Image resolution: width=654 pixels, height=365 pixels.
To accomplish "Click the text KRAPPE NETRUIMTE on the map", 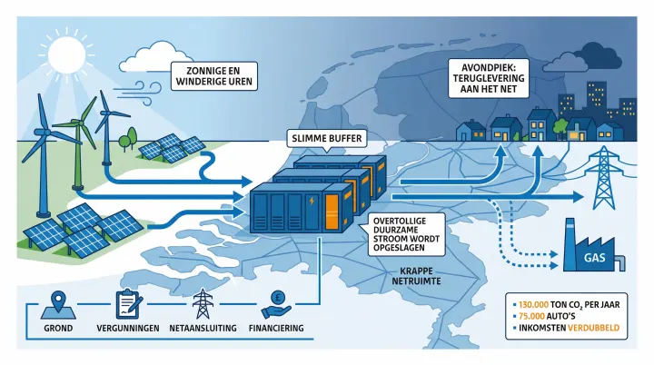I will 426,278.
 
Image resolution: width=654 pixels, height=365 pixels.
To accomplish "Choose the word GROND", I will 59,328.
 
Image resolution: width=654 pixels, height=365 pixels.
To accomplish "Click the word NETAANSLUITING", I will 203,328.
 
